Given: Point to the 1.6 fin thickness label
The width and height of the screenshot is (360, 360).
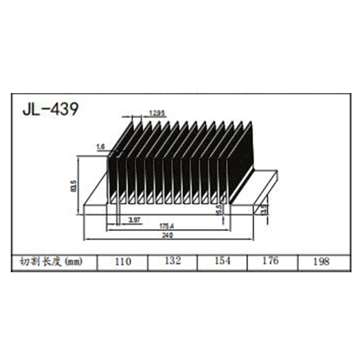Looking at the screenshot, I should tap(99, 147).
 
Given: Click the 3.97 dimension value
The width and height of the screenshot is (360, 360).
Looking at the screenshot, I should tap(134, 220).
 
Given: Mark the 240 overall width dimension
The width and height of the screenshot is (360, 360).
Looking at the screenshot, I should tap(168, 235).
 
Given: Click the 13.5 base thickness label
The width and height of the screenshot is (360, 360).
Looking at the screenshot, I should tap(264, 209).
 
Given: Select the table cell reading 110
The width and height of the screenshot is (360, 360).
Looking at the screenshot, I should tap(122, 261).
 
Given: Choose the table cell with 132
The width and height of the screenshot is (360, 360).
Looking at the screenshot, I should tap(172, 261).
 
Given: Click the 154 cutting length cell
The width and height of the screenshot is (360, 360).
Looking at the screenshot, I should tap(222, 261).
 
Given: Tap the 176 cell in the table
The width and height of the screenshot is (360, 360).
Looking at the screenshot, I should tap(270, 261).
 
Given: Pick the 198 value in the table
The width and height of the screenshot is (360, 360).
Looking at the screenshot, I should tap(320, 261).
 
